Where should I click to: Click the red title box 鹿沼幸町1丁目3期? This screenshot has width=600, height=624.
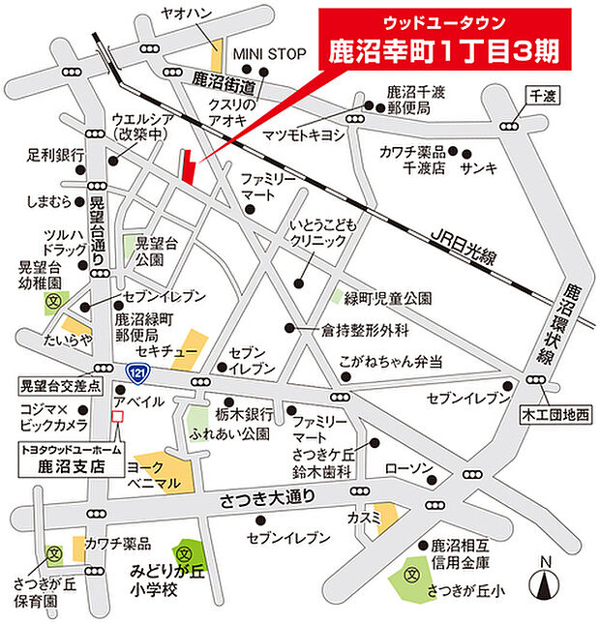pyautogui.click(x=444, y=44)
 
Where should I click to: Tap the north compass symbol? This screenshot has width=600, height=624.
pyautogui.click(x=545, y=582)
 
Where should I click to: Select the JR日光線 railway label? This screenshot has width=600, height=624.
pyautogui.click(x=465, y=246)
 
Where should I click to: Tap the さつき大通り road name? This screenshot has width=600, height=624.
pyautogui.click(x=269, y=498)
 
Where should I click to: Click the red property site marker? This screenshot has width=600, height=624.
pyautogui.click(x=188, y=166)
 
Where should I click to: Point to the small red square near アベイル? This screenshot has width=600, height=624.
pyautogui.click(x=118, y=417)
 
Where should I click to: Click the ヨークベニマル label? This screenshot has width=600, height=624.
pyautogui.click(x=156, y=473)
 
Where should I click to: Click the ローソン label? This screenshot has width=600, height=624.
pyautogui.click(x=405, y=468)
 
